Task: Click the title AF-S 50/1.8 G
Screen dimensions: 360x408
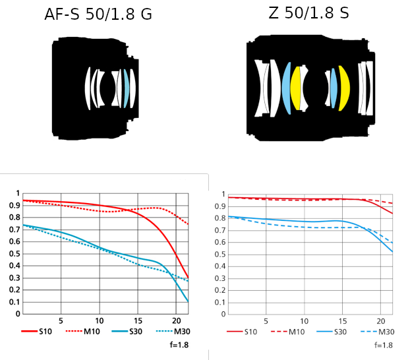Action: click(98, 14)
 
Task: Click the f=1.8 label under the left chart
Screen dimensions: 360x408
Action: click(179, 344)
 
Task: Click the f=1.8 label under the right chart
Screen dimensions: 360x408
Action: click(384, 345)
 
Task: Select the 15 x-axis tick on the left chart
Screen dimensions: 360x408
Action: click(138, 319)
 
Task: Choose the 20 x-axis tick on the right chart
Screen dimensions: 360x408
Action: click(380, 320)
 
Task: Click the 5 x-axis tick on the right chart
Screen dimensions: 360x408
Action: click(265, 320)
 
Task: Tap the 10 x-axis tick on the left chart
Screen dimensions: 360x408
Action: click(100, 319)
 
